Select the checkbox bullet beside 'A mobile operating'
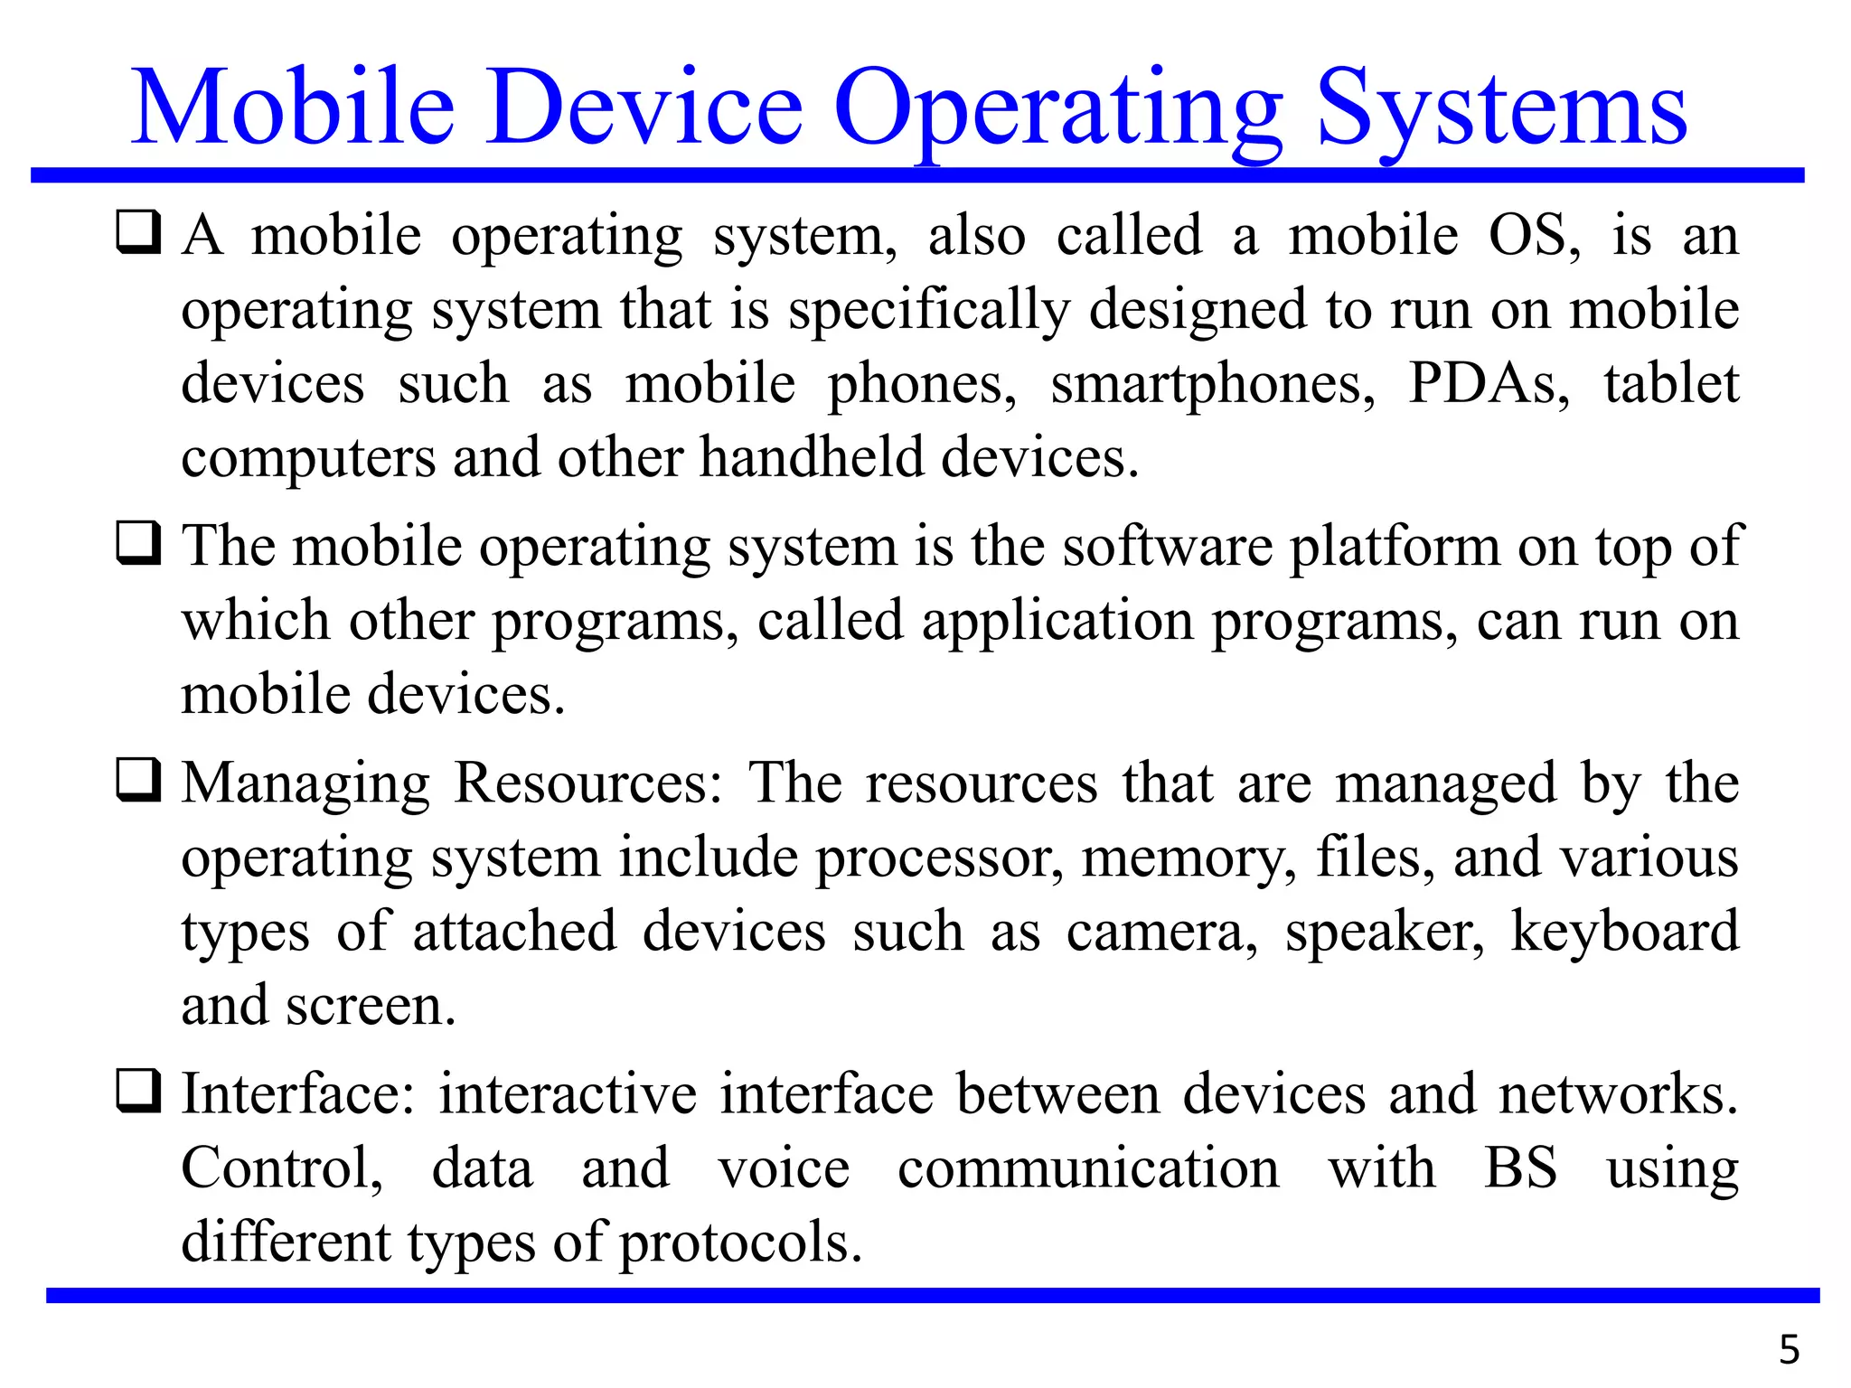(138, 232)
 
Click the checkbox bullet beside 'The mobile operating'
(138, 543)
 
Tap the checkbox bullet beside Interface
(138, 1091)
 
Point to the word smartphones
(1212, 385)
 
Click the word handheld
(812, 457)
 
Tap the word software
(1167, 547)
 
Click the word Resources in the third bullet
(587, 783)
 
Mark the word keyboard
(1624, 933)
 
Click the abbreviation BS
(1521, 1168)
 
